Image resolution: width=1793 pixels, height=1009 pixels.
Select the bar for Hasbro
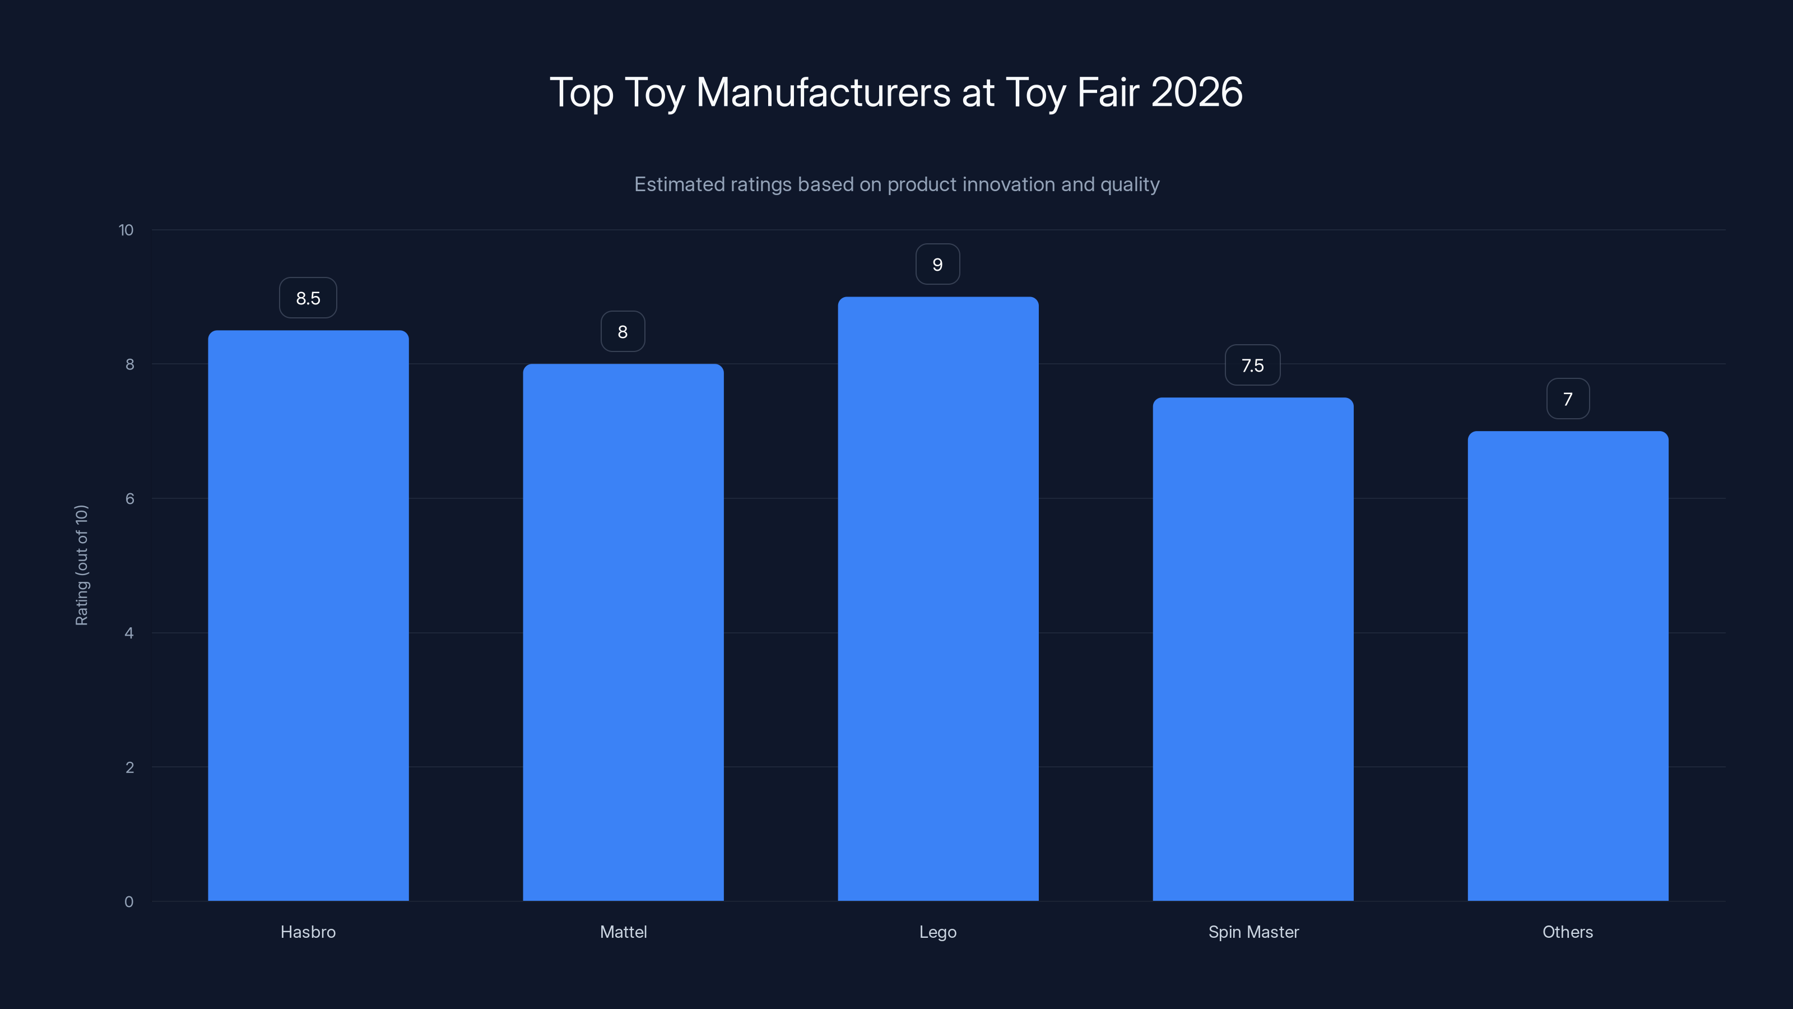tap(308, 615)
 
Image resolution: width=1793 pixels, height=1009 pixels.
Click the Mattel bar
tap(623, 632)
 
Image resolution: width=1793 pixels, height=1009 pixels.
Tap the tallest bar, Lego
tap(937, 599)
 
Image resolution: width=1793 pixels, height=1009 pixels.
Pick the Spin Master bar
tap(1253, 649)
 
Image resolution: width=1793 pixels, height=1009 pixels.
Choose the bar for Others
tap(1568, 666)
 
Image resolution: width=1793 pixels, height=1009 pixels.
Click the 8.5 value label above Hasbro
tap(308, 298)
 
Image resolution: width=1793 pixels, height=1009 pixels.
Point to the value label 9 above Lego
tap(937, 265)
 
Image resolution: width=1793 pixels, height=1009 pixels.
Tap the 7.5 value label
tap(1252, 365)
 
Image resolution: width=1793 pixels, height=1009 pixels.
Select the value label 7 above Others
tap(1568, 399)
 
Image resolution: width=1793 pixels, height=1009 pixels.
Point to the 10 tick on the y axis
tap(126, 230)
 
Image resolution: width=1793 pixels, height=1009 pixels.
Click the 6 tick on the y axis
tap(129, 498)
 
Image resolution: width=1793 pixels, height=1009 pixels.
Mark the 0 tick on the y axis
tap(129, 902)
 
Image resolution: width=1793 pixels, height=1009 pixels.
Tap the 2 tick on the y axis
tap(129, 767)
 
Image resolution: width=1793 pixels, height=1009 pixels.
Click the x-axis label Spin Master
tap(1253, 932)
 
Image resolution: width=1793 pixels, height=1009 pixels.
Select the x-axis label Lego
tap(937, 932)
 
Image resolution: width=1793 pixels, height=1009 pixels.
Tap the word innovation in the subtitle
tap(985, 184)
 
